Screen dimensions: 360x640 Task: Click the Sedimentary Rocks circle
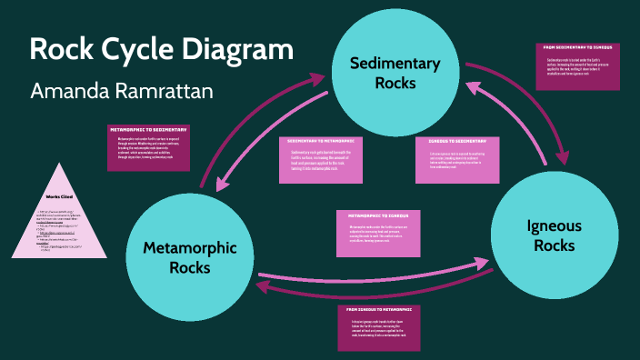pyautogui.click(x=395, y=73)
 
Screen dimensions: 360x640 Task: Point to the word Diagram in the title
pyautogui.click(x=241, y=49)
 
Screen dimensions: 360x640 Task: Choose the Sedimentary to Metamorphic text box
pyautogui.click(x=320, y=160)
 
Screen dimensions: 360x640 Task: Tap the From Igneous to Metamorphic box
pyautogui.click(x=379, y=327)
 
